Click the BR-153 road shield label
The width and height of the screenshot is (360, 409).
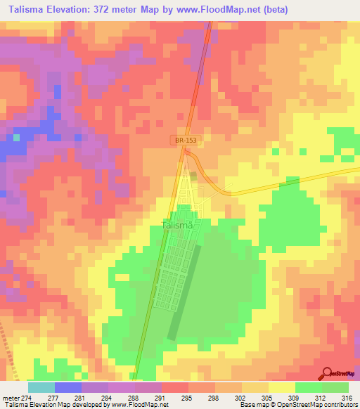tap(186, 141)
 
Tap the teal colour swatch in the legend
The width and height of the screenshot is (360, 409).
tap(41, 387)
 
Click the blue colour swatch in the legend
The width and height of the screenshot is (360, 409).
tap(67, 387)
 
